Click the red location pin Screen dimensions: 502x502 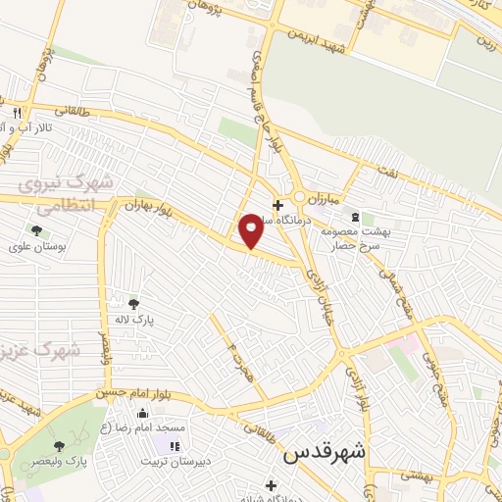point(251,230)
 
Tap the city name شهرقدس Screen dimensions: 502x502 point(325,455)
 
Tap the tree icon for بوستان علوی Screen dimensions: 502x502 point(36,230)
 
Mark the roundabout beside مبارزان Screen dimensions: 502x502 point(299,196)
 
